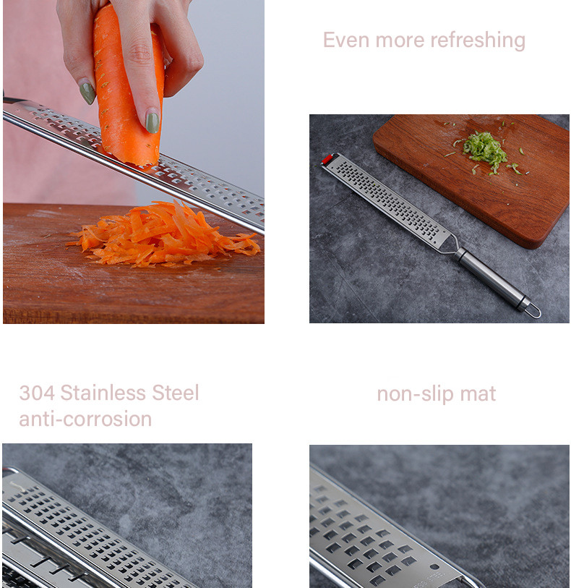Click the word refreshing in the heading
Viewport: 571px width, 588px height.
478,41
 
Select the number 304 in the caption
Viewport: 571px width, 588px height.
37,393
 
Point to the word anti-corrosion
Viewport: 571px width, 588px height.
85,419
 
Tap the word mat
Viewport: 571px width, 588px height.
478,394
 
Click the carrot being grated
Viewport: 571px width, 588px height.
129,86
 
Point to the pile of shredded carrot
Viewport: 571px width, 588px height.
164,235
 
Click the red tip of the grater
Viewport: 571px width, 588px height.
327,158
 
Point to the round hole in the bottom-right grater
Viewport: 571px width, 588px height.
434,566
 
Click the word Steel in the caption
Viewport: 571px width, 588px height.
176,393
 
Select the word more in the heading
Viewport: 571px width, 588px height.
400,41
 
